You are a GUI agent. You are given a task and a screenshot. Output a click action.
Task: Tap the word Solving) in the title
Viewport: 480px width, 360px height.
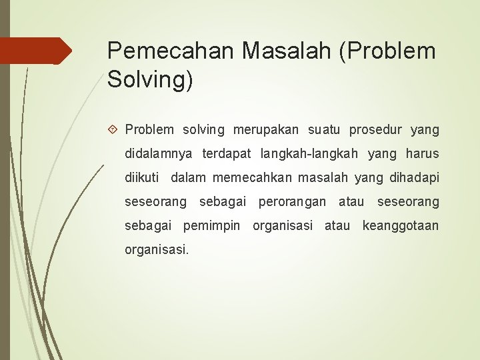(x=150, y=80)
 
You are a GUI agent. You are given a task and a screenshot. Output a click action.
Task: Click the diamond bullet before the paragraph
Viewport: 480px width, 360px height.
(x=114, y=129)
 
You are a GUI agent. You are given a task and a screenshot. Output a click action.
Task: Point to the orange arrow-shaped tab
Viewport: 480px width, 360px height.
(x=36, y=51)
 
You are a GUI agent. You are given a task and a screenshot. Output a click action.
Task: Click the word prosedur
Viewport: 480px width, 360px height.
(x=377, y=129)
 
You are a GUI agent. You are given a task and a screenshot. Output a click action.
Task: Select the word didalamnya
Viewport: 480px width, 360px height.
(x=159, y=153)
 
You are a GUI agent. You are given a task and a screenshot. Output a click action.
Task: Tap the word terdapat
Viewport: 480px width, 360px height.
(x=227, y=153)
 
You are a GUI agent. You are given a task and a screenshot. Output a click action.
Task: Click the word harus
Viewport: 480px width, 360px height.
(x=422, y=153)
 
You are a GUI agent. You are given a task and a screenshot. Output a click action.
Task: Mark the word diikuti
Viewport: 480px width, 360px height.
(x=142, y=177)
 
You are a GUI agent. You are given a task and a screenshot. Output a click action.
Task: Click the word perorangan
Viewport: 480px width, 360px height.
(x=292, y=201)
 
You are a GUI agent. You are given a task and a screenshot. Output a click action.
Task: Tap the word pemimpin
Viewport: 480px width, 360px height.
(x=211, y=225)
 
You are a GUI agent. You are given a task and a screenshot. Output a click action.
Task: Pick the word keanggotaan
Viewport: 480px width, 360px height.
(x=400, y=225)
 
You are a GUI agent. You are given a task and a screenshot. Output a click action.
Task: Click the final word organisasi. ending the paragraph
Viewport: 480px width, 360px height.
(x=157, y=249)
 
